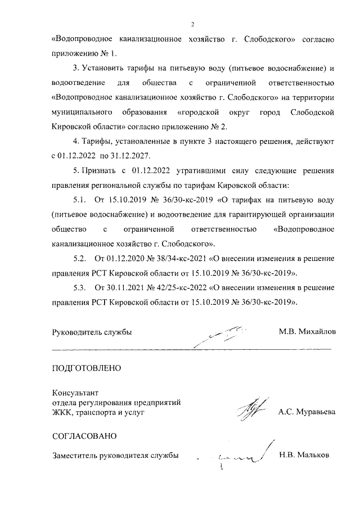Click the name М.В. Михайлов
click(x=307, y=332)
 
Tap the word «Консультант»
click(x=75, y=393)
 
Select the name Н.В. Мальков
click(x=304, y=455)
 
